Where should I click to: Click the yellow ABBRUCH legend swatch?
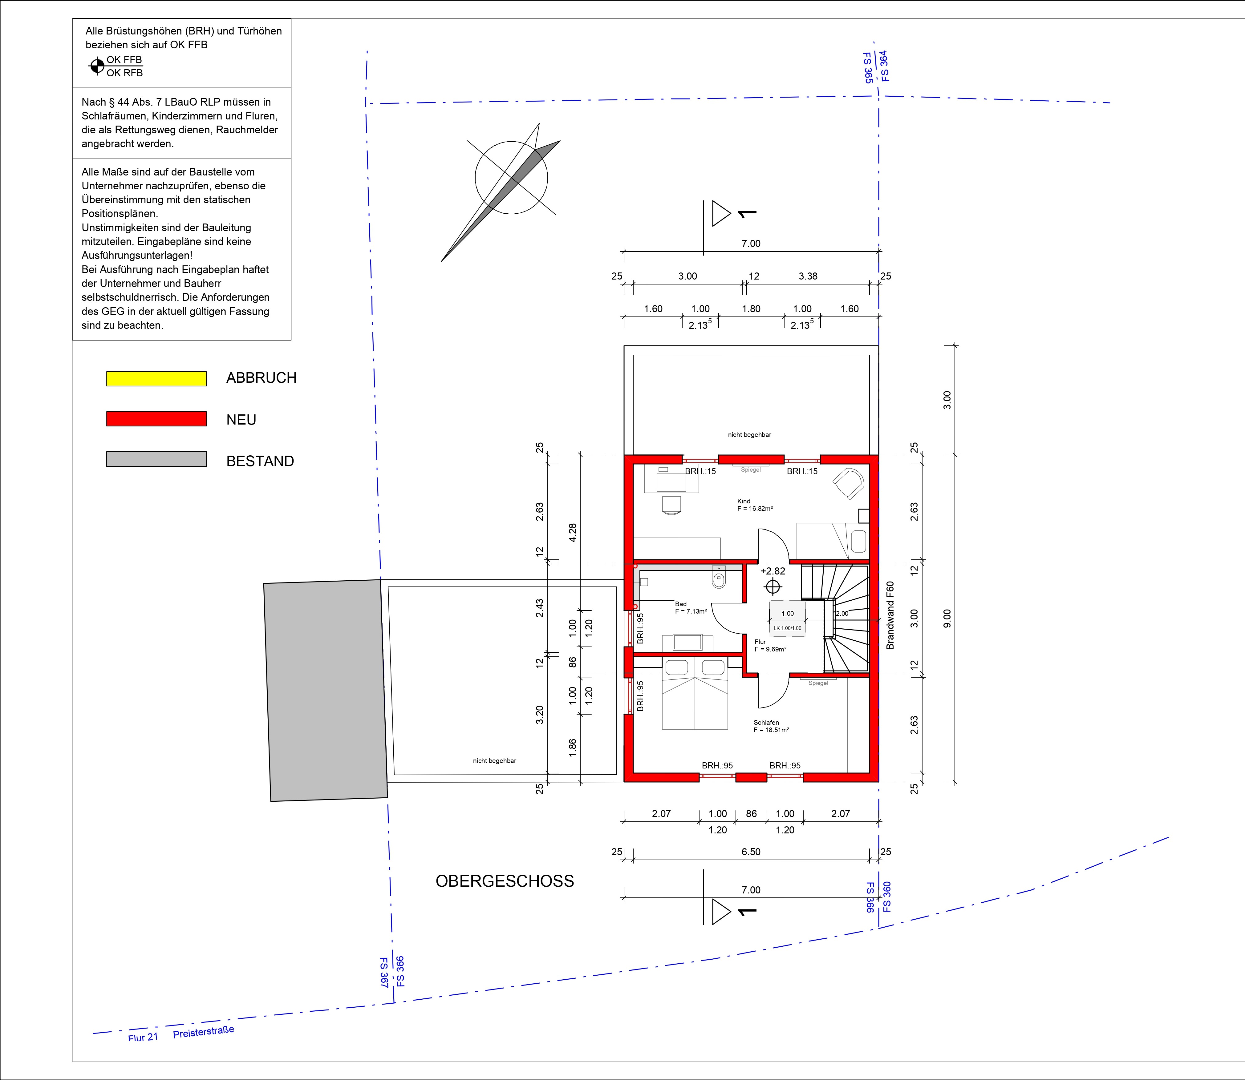pos(156,378)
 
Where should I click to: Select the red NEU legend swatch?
pos(156,419)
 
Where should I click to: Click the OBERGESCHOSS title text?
pos(505,881)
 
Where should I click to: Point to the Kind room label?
pos(744,501)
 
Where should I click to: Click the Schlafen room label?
pos(766,722)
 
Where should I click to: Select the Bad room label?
pos(681,604)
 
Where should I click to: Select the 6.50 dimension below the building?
pos(751,852)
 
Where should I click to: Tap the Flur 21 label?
pos(143,1037)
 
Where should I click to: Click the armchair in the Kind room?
pos(849,483)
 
